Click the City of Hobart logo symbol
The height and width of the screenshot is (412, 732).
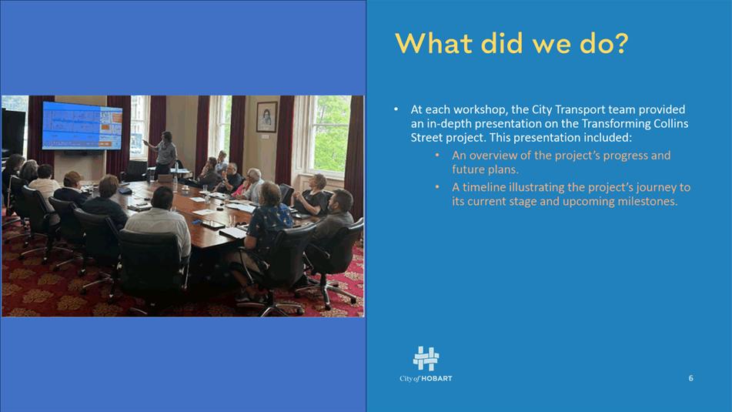coord(426,358)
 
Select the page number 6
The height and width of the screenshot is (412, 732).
coord(691,378)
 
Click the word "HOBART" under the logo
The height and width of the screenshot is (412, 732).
coord(437,378)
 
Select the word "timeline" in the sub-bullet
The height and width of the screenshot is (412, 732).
coord(483,187)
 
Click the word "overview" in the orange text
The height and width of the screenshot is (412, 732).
coord(490,155)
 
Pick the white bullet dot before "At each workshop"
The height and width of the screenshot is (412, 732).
coord(396,110)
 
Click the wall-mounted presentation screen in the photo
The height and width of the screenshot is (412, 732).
coord(82,126)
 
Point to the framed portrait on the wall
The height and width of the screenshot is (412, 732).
coord(266,117)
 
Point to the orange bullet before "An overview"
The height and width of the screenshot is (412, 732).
coord(437,155)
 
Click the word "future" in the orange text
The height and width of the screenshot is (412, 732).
coord(468,169)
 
